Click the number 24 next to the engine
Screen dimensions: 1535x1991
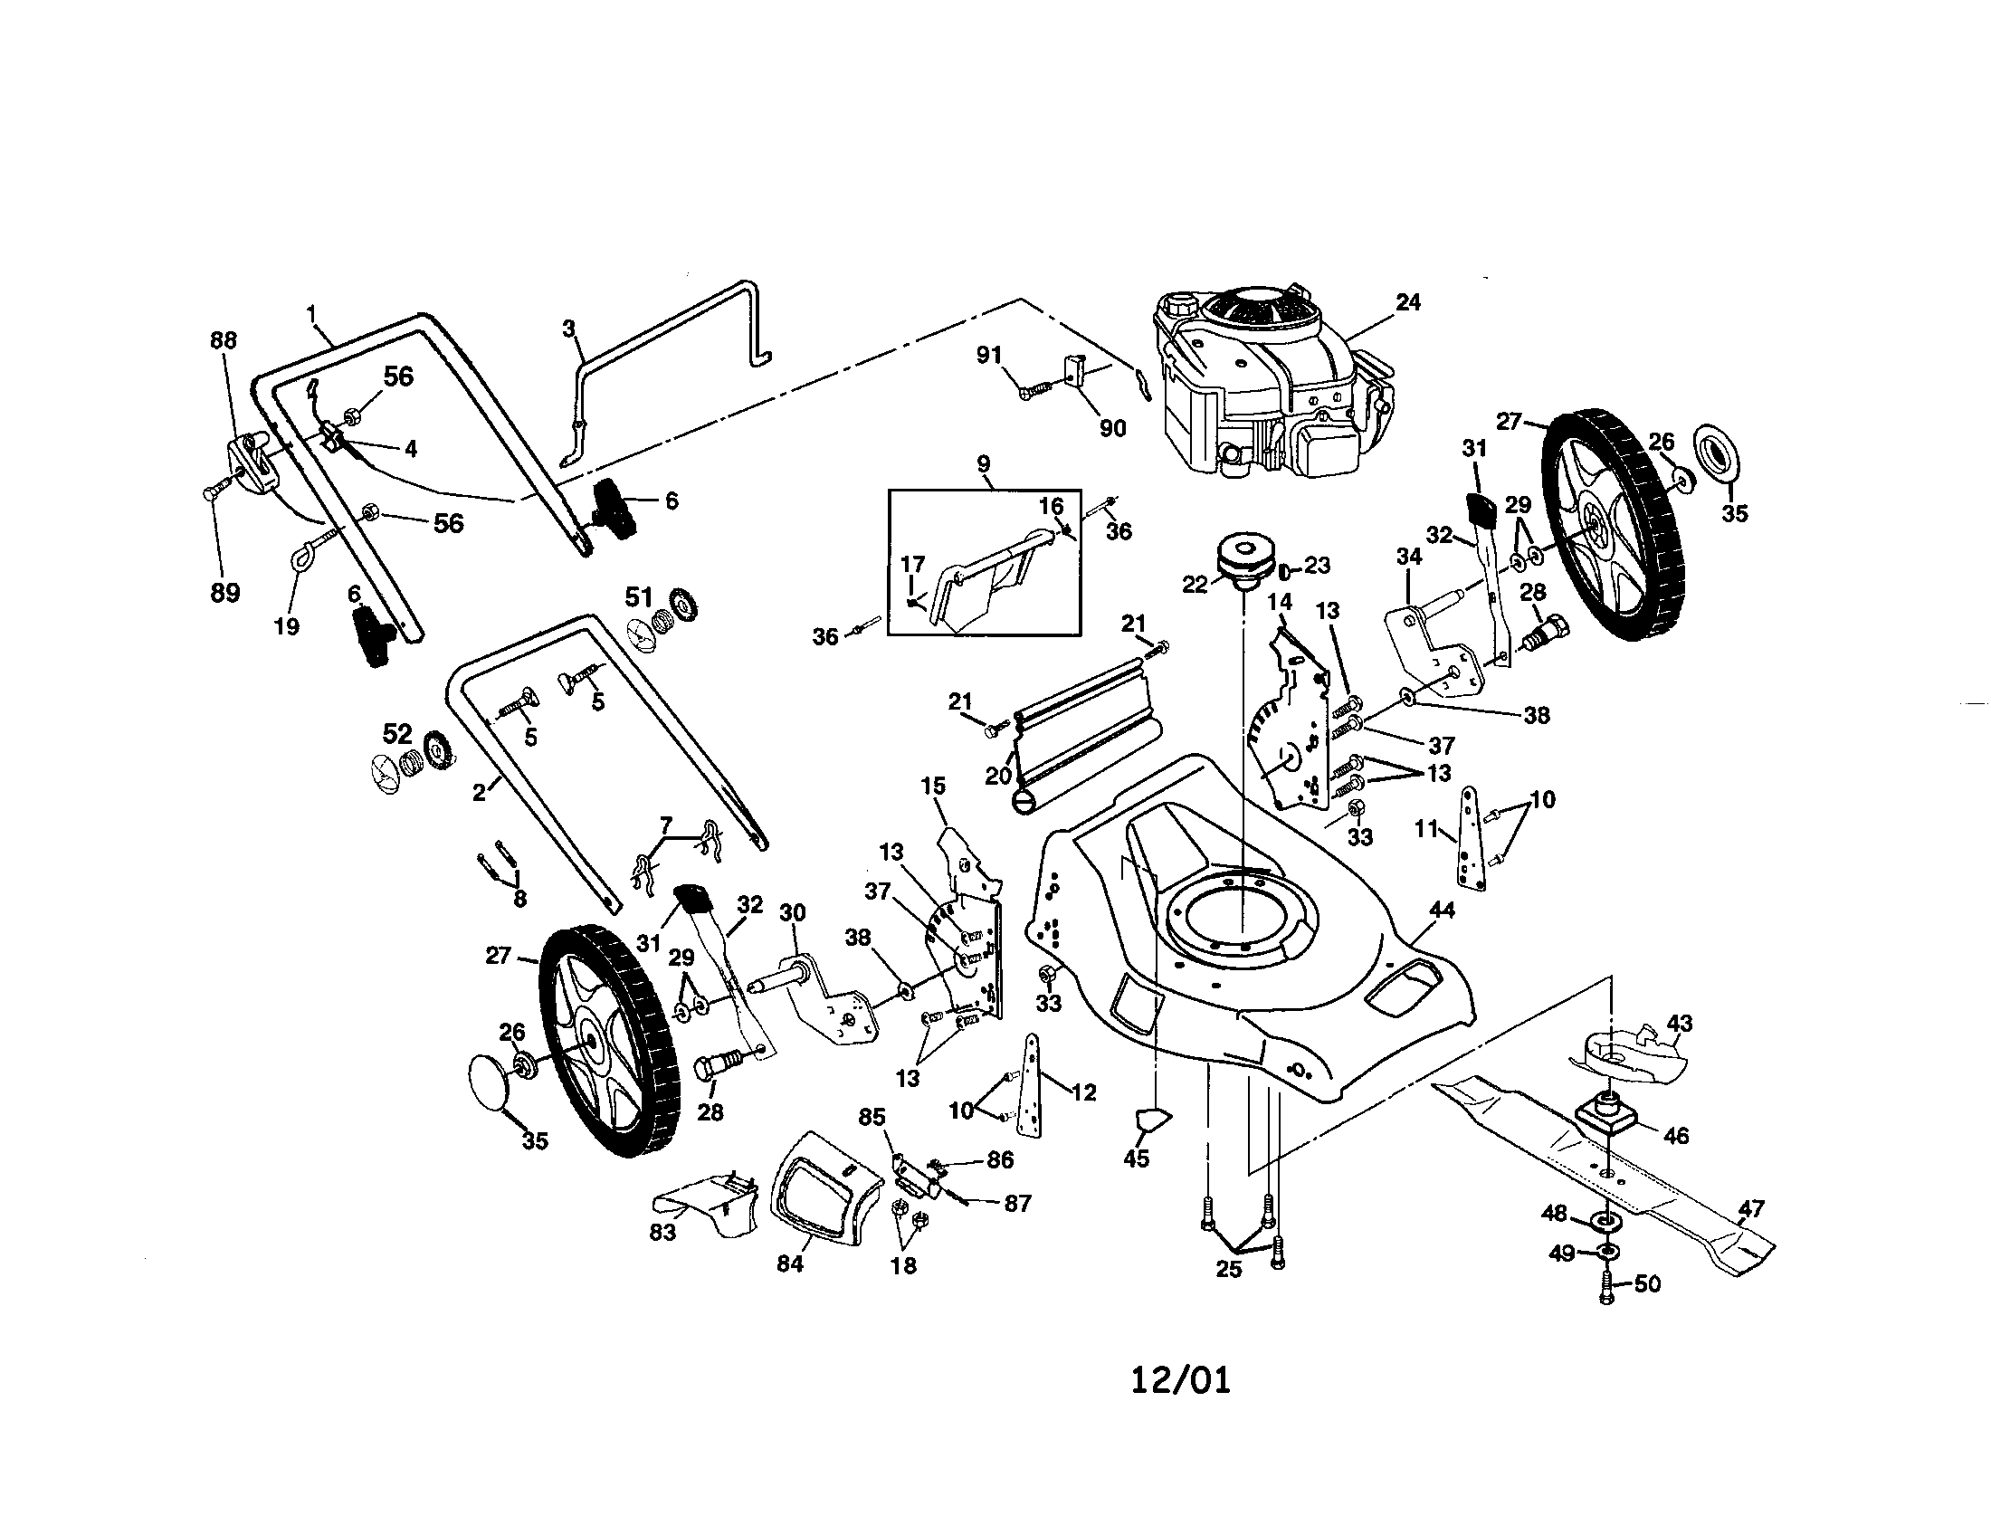[x=1407, y=302]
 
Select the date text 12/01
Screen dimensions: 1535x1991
[x=1180, y=1381]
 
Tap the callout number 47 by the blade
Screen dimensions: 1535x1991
[x=1751, y=1209]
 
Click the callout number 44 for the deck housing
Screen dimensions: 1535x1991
[x=1442, y=910]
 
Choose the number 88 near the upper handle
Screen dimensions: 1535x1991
[x=224, y=341]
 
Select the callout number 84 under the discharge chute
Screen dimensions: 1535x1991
[x=789, y=1264]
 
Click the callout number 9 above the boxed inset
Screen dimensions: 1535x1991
[x=983, y=464]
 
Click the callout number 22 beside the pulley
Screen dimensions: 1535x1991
[x=1195, y=585]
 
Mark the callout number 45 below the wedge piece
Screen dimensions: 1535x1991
[x=1136, y=1159]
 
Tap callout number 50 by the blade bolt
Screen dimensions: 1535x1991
[x=1647, y=1284]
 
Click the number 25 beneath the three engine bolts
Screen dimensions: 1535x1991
[x=1228, y=1269]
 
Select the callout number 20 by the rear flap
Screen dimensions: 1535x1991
[x=998, y=776]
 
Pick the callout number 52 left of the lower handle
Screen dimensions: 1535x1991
[x=396, y=735]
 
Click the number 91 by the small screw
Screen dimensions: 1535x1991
[x=989, y=356]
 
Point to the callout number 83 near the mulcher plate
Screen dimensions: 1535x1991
[x=662, y=1233]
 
